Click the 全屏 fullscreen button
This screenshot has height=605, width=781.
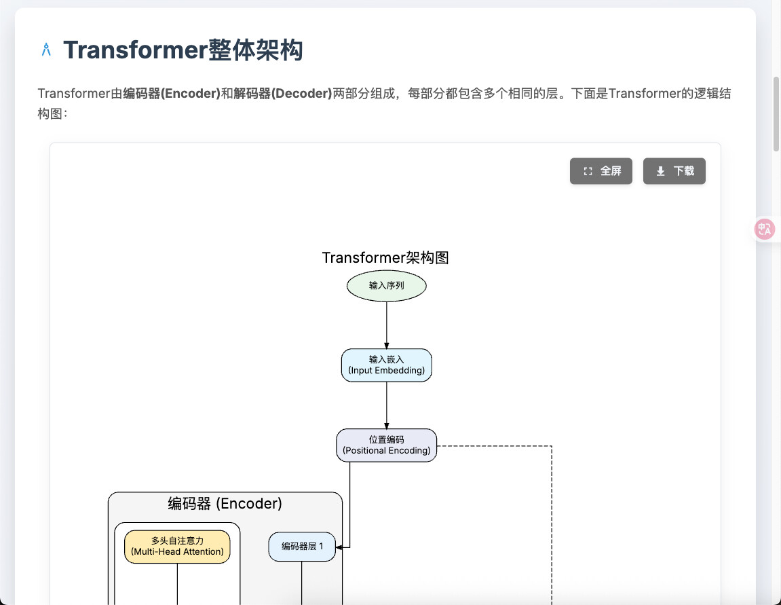[x=601, y=171]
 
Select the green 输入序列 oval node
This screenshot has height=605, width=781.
[x=387, y=286]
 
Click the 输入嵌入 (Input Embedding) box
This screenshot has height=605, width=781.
[x=387, y=365]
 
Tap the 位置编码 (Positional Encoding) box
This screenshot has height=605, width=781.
[x=387, y=445]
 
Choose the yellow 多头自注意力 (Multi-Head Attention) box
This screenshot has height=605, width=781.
[x=177, y=547]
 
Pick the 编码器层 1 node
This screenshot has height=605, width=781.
[x=302, y=547]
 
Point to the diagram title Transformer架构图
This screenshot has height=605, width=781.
[x=385, y=257]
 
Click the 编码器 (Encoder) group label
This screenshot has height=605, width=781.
[x=225, y=503]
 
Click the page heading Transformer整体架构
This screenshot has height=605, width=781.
[x=183, y=50]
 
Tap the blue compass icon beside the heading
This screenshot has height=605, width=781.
[x=46, y=50]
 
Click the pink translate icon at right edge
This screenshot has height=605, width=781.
[x=765, y=230]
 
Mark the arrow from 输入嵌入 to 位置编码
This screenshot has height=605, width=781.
[x=387, y=405]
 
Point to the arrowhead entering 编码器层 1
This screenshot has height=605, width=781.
[x=339, y=547]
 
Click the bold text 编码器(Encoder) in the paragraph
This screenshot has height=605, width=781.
[x=172, y=93]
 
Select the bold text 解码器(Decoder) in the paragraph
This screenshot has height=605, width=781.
[x=282, y=93]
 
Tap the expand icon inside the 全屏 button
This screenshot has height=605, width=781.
[x=588, y=171]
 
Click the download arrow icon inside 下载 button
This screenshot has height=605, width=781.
[x=660, y=171]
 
